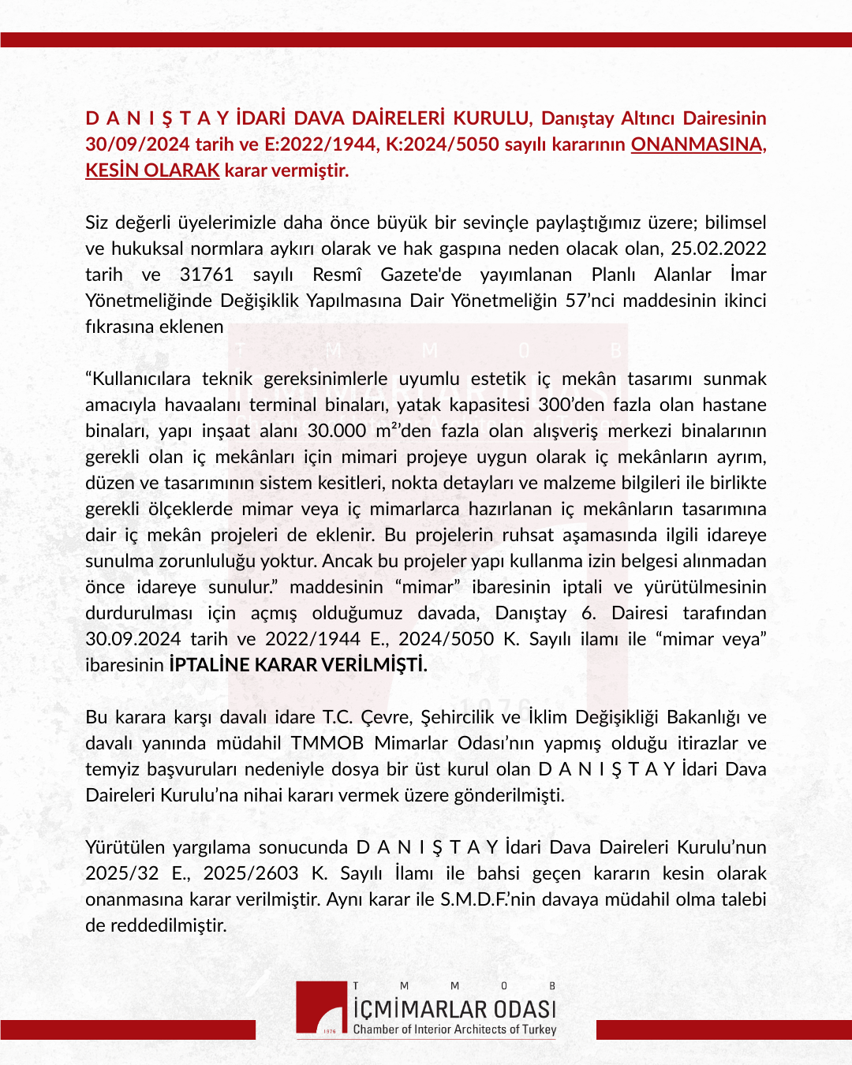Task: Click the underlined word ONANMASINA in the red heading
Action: (x=697, y=144)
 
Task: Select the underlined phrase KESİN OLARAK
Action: (x=152, y=170)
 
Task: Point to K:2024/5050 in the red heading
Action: (x=451, y=144)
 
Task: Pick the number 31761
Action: (x=207, y=275)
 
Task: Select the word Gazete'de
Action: (x=420, y=275)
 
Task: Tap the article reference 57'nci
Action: (x=589, y=301)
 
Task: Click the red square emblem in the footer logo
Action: (x=323, y=1008)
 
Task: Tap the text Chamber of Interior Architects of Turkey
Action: (x=454, y=1029)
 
